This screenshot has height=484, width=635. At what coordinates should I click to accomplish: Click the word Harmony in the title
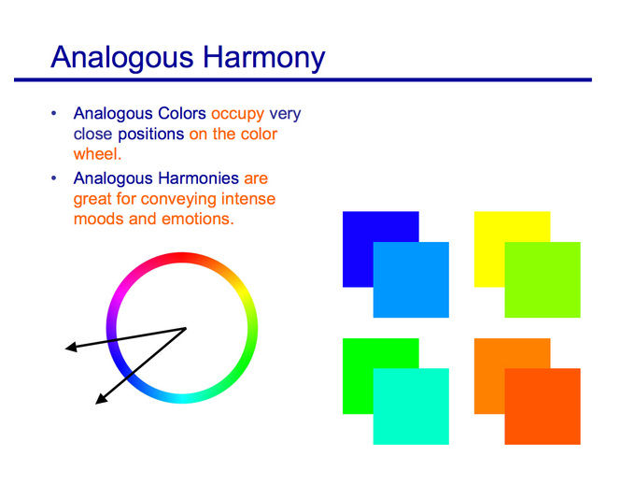(x=263, y=58)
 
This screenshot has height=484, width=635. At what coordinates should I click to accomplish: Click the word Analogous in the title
(x=122, y=58)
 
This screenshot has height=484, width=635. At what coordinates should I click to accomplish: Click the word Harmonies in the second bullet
(x=197, y=178)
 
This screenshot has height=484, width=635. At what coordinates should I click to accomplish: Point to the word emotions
(x=198, y=220)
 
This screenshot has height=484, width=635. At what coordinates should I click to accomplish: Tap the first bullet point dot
(x=54, y=113)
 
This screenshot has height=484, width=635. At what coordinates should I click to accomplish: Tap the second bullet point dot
(x=54, y=178)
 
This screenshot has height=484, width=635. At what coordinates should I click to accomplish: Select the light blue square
(x=411, y=279)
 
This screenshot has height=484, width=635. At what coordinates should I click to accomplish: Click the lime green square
(x=543, y=279)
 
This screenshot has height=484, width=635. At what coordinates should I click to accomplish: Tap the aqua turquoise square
(x=411, y=406)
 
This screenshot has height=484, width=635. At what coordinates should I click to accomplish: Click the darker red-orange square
(x=543, y=406)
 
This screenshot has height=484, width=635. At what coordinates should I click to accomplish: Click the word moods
(x=98, y=220)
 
